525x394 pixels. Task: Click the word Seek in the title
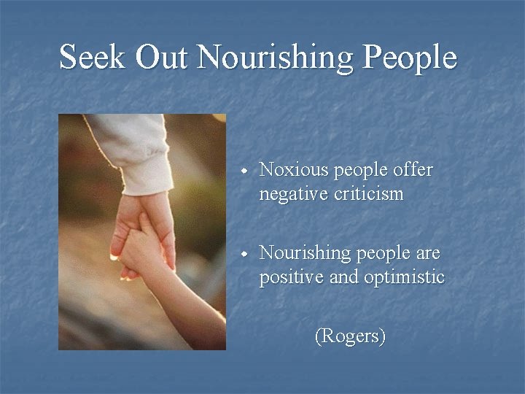click(x=90, y=57)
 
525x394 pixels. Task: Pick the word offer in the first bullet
click(x=413, y=170)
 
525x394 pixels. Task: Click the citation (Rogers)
click(x=349, y=336)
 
